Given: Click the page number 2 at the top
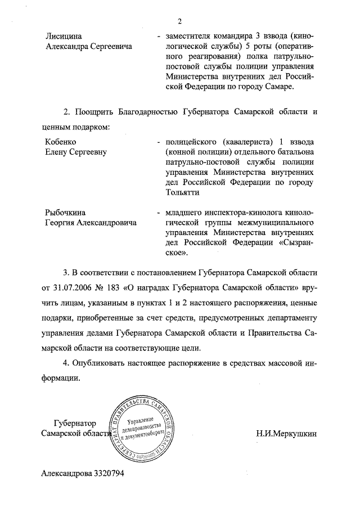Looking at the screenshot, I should pos(180,22).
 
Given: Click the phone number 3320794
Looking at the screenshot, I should pos(105,473).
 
